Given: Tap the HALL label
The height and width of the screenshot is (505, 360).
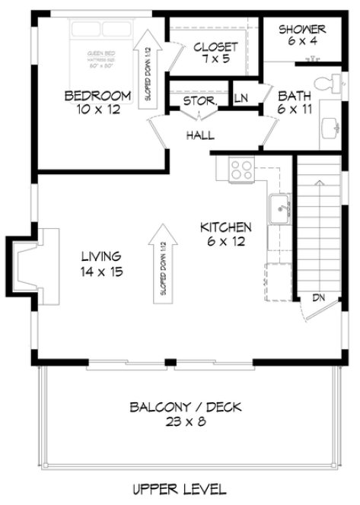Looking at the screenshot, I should click(x=199, y=135).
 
